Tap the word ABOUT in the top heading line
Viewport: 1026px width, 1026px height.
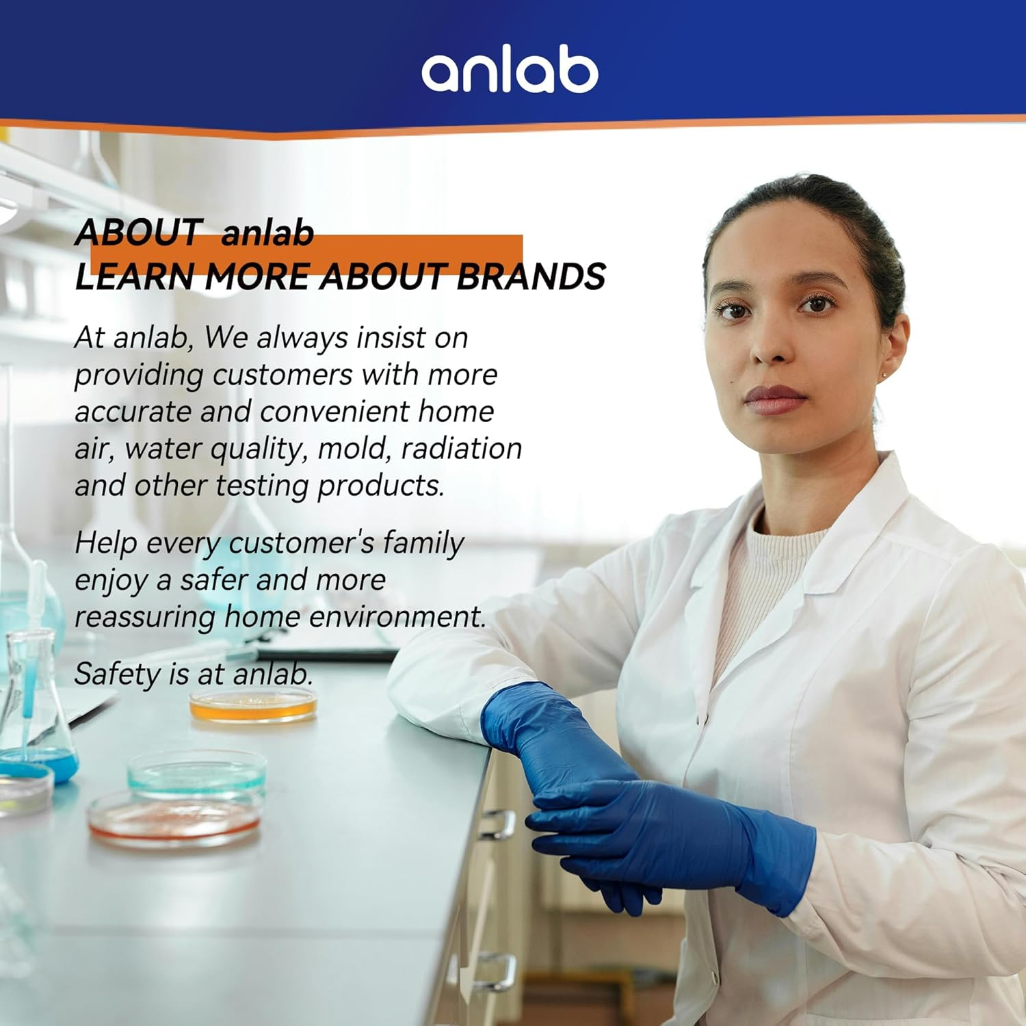point(137,233)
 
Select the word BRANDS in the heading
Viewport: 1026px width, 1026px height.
point(531,276)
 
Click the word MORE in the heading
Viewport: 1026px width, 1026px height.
point(257,276)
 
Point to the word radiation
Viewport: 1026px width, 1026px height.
point(462,449)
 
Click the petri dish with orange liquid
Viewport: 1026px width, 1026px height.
point(253,706)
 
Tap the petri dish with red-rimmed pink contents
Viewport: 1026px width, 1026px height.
point(174,818)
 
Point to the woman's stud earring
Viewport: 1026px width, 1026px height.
point(885,374)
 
